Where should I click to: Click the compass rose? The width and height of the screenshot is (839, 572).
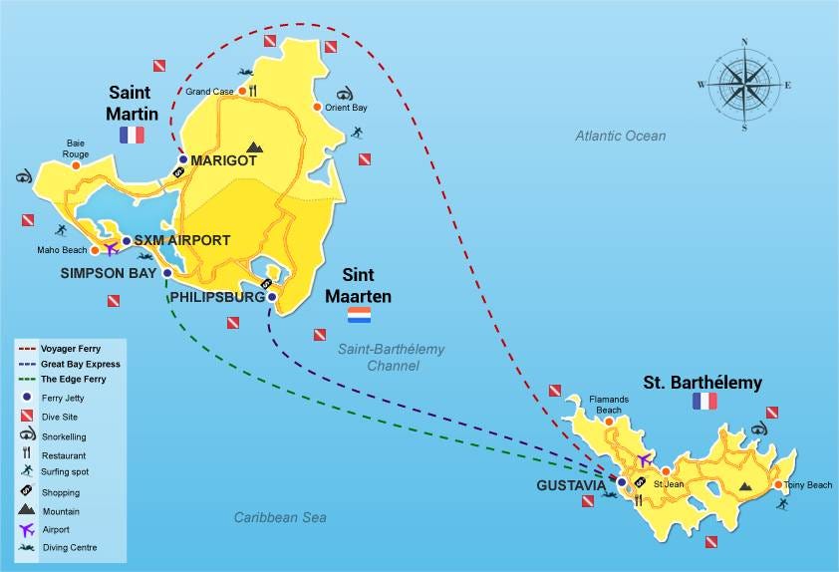point(744,85)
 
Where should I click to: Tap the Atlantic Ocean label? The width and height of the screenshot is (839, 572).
point(620,136)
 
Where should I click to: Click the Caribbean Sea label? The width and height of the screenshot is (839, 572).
point(280,517)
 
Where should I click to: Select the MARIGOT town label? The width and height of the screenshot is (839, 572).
point(224,160)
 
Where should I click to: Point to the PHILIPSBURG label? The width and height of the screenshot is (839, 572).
point(216,297)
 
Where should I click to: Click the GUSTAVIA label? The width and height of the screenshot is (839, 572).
point(572,485)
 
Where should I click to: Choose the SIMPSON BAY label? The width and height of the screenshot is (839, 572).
point(109,272)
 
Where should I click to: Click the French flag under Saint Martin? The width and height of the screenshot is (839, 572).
point(132,135)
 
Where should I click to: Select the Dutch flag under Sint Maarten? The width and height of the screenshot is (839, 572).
point(359,316)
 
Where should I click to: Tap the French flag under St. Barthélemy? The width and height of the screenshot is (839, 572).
point(704,402)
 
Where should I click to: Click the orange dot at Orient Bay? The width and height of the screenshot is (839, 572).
point(317,107)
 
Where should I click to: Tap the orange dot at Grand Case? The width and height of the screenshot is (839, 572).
point(241,91)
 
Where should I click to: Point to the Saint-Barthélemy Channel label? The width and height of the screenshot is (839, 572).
point(391,357)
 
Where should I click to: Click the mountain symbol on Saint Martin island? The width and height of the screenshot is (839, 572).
point(254,146)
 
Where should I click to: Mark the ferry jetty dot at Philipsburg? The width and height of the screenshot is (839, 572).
point(272,296)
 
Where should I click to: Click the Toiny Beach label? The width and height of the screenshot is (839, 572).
point(807,485)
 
